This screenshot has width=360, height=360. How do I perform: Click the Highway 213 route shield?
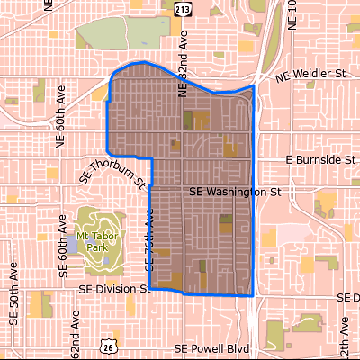point(183,8)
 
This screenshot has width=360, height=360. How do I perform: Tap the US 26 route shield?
point(109,345)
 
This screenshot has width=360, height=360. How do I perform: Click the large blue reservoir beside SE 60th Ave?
point(72,245)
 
